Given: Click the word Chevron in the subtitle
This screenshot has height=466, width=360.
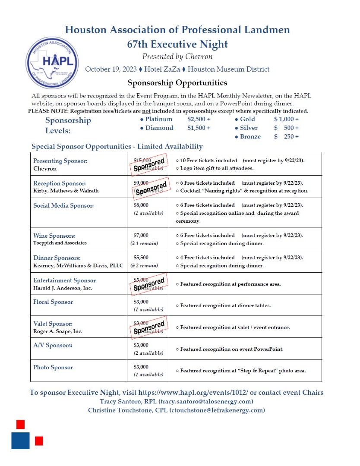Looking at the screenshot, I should (x=199, y=57).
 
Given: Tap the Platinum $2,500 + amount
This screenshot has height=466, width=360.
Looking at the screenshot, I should (x=199, y=119).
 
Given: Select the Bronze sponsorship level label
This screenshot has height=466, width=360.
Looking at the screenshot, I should (x=250, y=136).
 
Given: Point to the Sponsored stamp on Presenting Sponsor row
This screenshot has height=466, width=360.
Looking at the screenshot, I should (x=148, y=164).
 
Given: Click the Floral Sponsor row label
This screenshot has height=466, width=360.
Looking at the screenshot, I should (x=53, y=302).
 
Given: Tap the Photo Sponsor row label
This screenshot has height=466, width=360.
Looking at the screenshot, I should (x=53, y=368).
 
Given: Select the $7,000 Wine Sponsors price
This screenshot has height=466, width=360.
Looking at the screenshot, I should (x=141, y=235).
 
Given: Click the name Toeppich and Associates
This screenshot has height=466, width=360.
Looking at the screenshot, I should (x=60, y=243).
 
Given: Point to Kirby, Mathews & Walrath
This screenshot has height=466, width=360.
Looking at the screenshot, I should (x=66, y=191).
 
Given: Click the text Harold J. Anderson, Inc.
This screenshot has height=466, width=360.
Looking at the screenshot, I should (x=63, y=288).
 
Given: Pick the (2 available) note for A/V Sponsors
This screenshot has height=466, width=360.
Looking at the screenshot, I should (x=148, y=353).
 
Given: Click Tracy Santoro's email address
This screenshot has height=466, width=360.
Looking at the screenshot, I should (x=206, y=401).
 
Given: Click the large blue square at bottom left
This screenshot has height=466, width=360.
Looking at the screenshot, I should (x=20, y=441).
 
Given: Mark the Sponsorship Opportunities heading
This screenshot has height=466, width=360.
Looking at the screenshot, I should (x=177, y=82).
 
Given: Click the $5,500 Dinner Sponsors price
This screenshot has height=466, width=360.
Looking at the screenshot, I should (x=141, y=258).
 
